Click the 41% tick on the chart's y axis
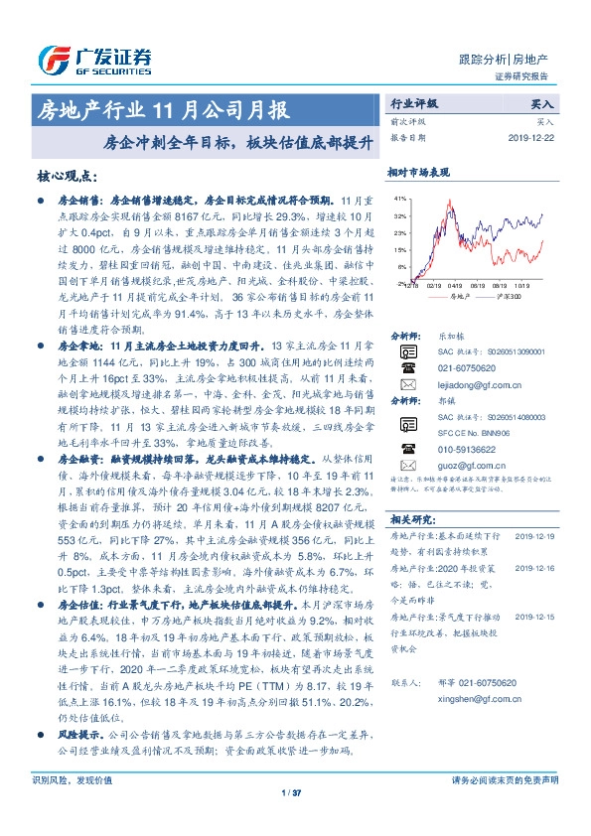pos(399,199)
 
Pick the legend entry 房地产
pos(457,296)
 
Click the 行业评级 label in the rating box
pos(412,103)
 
